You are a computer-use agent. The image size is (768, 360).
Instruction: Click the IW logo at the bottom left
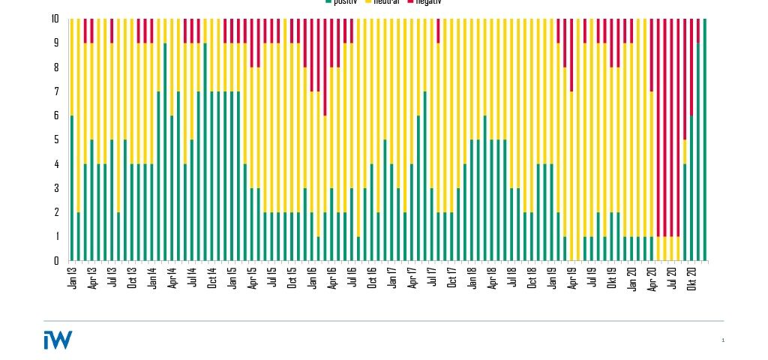[x=58, y=340]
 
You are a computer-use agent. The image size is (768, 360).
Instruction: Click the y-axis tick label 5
[x=56, y=139]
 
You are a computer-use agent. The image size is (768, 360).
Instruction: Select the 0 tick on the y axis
[x=56, y=260]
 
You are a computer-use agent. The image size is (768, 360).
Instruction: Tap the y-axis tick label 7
[x=56, y=91]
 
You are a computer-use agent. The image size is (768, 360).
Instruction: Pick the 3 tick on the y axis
[x=56, y=188]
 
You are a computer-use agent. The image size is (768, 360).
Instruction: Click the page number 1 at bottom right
[x=723, y=340]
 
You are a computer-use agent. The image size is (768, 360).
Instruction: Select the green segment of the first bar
[x=72, y=187]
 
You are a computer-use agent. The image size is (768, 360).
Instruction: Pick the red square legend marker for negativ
[x=410, y=2]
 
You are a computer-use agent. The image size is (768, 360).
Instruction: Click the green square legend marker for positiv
[x=328, y=2]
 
